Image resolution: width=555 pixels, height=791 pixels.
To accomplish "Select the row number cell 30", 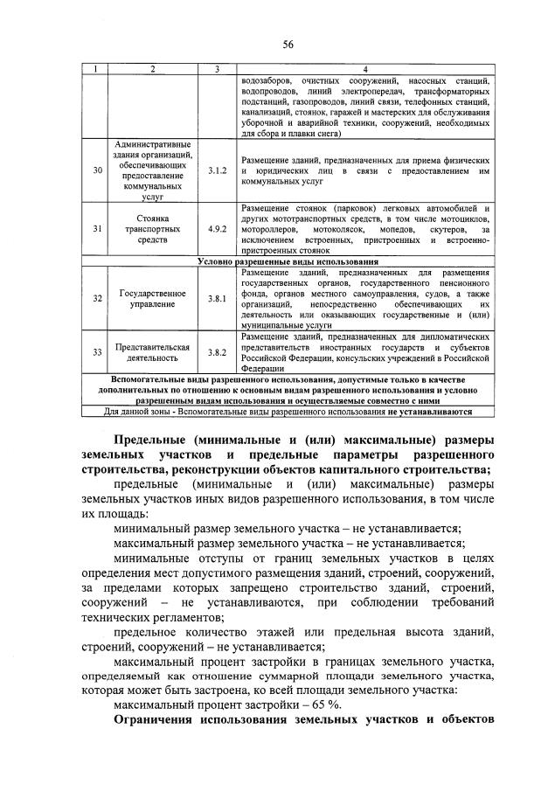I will [97, 170].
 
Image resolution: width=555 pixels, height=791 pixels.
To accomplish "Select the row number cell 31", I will [97, 229].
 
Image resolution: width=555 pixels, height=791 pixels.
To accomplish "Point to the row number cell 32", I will [97, 299].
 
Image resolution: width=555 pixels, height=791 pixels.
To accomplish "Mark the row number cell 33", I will [97, 352].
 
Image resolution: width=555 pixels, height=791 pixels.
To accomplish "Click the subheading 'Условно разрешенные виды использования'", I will [288, 261].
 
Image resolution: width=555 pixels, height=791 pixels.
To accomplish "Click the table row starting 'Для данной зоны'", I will [288, 411].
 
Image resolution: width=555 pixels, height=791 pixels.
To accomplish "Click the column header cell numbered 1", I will [97, 69].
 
